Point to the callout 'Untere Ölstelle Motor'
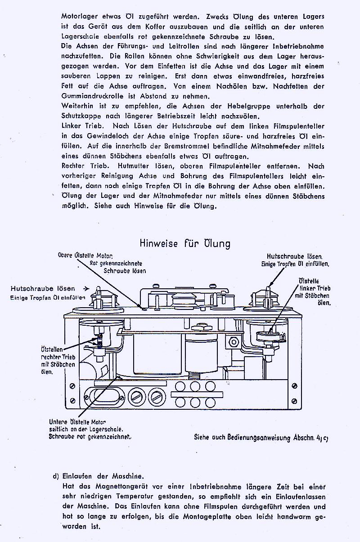(77, 422)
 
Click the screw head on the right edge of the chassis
(294, 385)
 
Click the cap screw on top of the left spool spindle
(98, 293)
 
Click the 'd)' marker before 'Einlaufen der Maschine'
(56, 476)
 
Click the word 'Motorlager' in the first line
(78, 16)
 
